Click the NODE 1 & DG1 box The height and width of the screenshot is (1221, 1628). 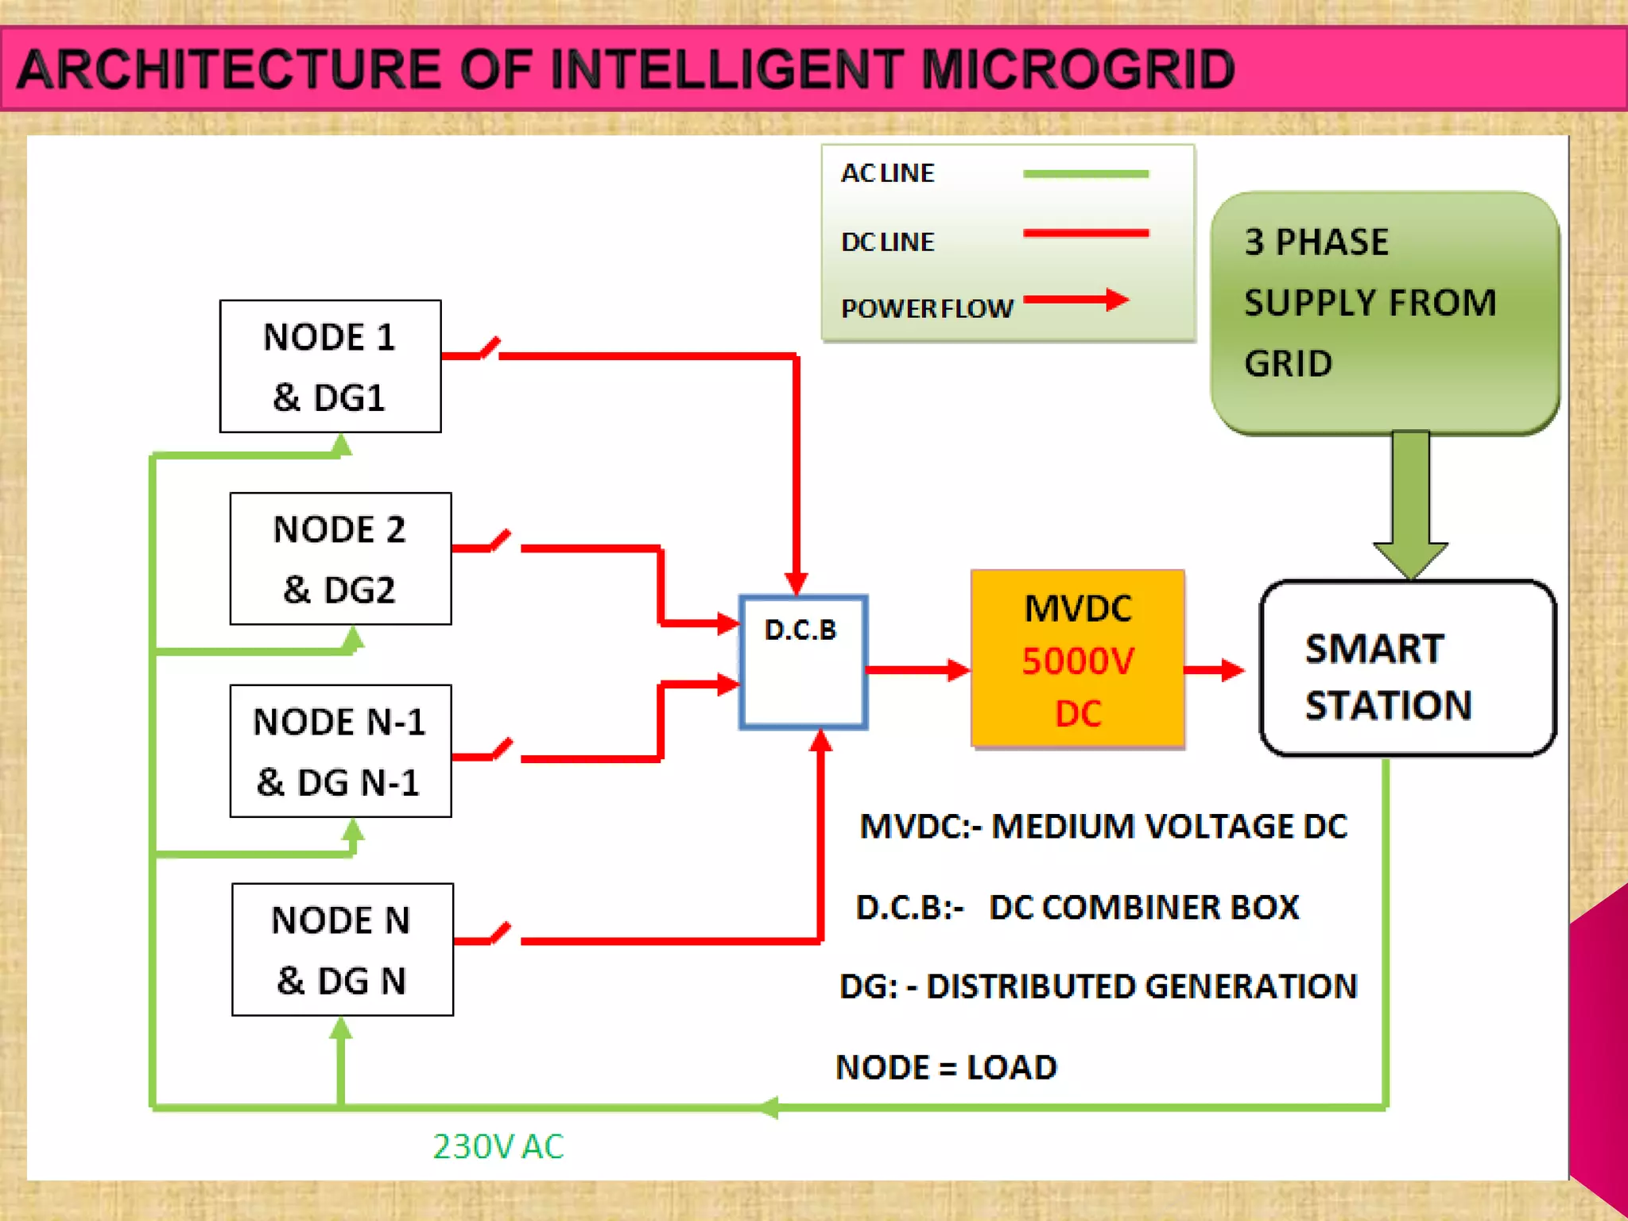coord(330,366)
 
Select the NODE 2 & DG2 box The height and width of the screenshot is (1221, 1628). coord(340,559)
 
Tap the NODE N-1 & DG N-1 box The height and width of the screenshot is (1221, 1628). coord(340,751)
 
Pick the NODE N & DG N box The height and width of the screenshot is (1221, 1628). coord(342,949)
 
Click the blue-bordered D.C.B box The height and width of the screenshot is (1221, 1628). coord(803,662)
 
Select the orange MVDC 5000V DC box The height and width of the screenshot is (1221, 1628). coord(1077,659)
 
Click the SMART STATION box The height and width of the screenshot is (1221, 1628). coord(1407,669)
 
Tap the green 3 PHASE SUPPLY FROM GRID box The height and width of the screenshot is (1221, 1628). coord(1384,312)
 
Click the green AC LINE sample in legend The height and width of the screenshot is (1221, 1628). coord(1085,173)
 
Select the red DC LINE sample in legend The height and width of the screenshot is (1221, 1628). coord(1085,234)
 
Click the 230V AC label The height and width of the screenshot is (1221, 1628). coord(498,1146)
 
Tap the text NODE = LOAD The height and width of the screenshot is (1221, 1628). coord(946,1067)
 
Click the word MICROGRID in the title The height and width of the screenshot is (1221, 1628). coord(1077,69)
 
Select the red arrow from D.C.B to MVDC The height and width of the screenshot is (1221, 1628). coord(917,670)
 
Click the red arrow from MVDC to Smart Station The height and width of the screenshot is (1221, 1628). coord(1213,670)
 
